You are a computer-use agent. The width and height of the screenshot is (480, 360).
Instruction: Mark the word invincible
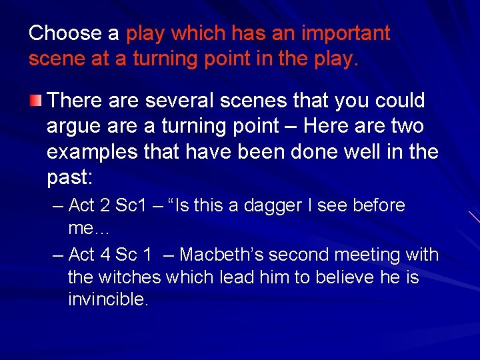(107, 299)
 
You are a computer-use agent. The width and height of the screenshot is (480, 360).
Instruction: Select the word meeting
(366, 255)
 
